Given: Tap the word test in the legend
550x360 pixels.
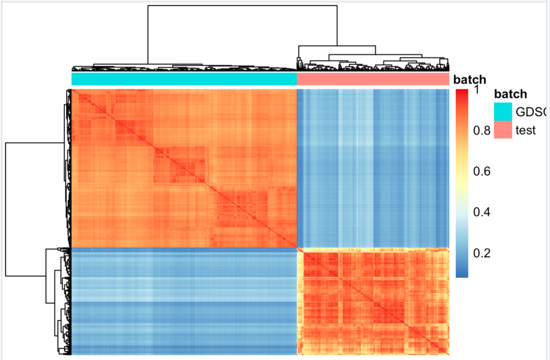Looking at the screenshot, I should coord(526,130).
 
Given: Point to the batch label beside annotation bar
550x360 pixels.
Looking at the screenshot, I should coord(470,80).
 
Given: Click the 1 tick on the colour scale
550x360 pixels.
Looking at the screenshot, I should coord(477,90).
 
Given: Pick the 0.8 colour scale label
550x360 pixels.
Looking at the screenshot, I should coord(481,130).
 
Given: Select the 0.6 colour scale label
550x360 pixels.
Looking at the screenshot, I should coord(481,171).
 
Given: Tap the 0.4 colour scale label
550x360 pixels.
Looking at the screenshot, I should coord(481,212).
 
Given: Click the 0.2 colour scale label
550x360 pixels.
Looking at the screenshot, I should coord(481,253).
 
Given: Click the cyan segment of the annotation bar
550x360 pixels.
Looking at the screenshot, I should coord(184,79).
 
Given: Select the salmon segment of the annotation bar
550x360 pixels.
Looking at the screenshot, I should coord(373,79).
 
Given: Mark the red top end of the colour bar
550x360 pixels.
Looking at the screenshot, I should coord(462,93).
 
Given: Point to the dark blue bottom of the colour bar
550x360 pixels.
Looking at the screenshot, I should coord(462,274).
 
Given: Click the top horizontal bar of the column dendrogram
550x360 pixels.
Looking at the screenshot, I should coord(242,6).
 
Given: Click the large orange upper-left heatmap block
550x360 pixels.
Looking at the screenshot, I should coord(184,168).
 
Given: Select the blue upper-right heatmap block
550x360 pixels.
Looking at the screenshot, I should coord(373,168).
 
